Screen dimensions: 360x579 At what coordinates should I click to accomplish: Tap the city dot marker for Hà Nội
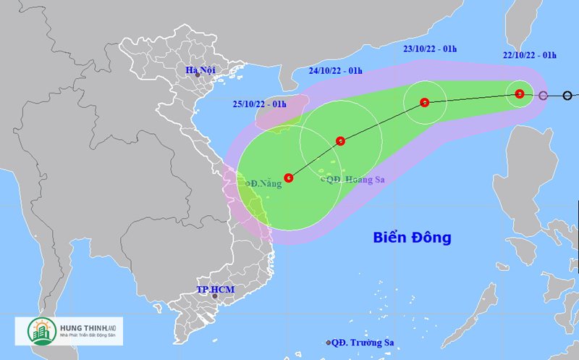(x=197, y=75)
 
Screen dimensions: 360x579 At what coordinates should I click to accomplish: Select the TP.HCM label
(x=215, y=289)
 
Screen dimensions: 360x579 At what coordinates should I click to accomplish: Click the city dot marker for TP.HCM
(x=214, y=296)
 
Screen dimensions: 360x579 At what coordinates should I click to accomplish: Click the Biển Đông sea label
(x=412, y=237)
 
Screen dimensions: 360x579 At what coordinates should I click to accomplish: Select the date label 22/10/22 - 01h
(x=531, y=55)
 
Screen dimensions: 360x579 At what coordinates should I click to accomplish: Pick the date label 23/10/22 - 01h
(x=430, y=49)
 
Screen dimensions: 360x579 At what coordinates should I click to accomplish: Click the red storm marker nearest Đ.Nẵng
(x=289, y=177)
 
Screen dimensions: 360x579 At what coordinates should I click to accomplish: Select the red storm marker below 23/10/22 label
(x=425, y=102)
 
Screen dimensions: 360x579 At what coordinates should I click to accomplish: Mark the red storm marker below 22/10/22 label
(x=520, y=93)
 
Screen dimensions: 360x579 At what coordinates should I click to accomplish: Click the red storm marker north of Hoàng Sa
(x=340, y=141)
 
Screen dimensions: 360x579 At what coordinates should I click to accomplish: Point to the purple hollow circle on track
(x=544, y=95)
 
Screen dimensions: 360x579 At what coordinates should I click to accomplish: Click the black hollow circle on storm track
(x=568, y=95)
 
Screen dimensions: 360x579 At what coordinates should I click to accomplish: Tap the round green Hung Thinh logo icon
(x=38, y=330)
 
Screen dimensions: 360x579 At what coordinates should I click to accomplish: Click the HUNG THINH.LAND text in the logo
(x=87, y=325)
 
